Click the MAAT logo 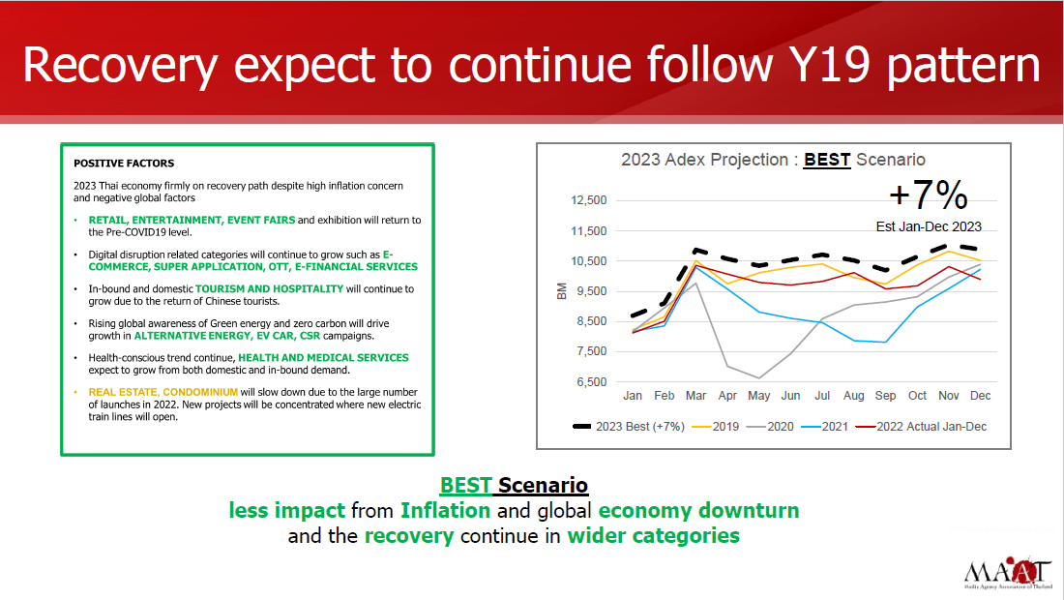pyautogui.click(x=1008, y=573)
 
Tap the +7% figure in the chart pyautogui.click(x=929, y=195)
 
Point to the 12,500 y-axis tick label pyautogui.click(x=589, y=200)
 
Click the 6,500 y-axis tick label pyautogui.click(x=592, y=382)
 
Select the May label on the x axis pyautogui.click(x=758, y=396)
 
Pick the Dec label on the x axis pyautogui.click(x=980, y=396)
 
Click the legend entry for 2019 pyautogui.click(x=715, y=427)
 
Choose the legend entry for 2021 pyautogui.click(x=824, y=427)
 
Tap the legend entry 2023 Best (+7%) pyautogui.click(x=629, y=427)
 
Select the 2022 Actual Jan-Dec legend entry pyautogui.click(x=921, y=427)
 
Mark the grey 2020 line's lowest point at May pyautogui.click(x=758, y=378)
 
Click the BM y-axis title pyautogui.click(x=561, y=291)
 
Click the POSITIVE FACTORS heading pyautogui.click(x=124, y=164)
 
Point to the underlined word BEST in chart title pyautogui.click(x=827, y=161)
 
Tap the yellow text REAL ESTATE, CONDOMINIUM pyautogui.click(x=163, y=392)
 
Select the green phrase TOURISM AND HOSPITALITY pyautogui.click(x=270, y=289)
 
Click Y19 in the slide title pyautogui.click(x=829, y=65)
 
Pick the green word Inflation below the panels pyautogui.click(x=445, y=510)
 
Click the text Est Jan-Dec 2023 pyautogui.click(x=929, y=226)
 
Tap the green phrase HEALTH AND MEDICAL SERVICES pyautogui.click(x=323, y=358)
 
